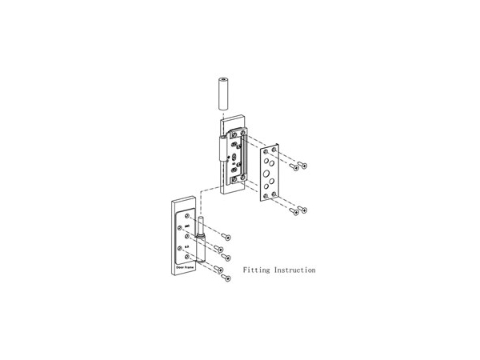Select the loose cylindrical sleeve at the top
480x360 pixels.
pos(223,93)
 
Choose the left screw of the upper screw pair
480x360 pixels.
pos(294,168)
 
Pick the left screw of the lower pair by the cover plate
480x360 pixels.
pos(294,212)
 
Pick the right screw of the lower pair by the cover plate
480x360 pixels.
pos(303,210)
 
